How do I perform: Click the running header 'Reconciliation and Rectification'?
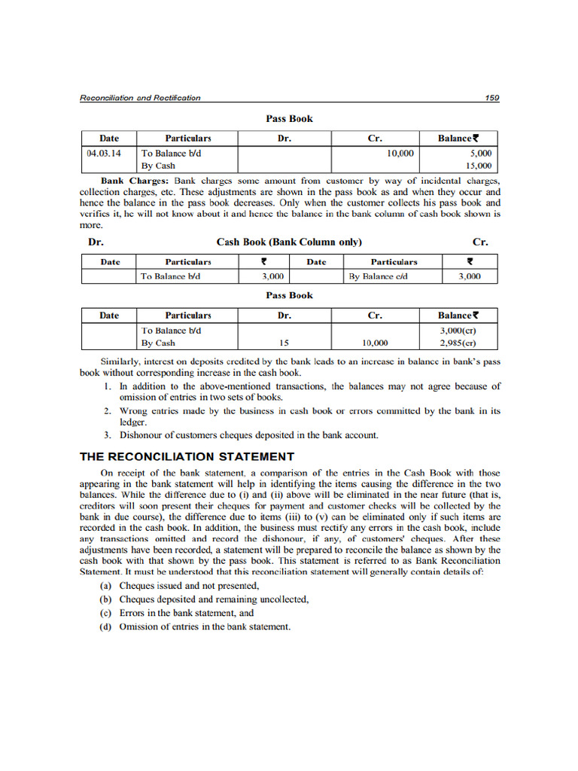pyautogui.click(x=140, y=98)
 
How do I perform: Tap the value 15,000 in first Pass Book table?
pyautogui.click(x=478, y=166)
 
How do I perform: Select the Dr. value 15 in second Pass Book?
pyautogui.click(x=284, y=343)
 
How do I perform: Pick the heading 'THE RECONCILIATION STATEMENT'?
pyautogui.click(x=187, y=457)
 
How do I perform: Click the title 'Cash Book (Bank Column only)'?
pyautogui.click(x=289, y=242)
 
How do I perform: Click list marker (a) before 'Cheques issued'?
pyautogui.click(x=106, y=586)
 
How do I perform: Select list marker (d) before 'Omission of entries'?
pyautogui.click(x=106, y=626)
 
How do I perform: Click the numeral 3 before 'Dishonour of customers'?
pyautogui.click(x=108, y=435)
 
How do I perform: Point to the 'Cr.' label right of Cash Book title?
pyautogui.click(x=479, y=242)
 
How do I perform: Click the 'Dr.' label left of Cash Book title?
pyautogui.click(x=96, y=242)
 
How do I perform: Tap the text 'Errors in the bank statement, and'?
pyautogui.click(x=187, y=613)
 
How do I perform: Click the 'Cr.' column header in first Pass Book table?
pyautogui.click(x=375, y=139)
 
